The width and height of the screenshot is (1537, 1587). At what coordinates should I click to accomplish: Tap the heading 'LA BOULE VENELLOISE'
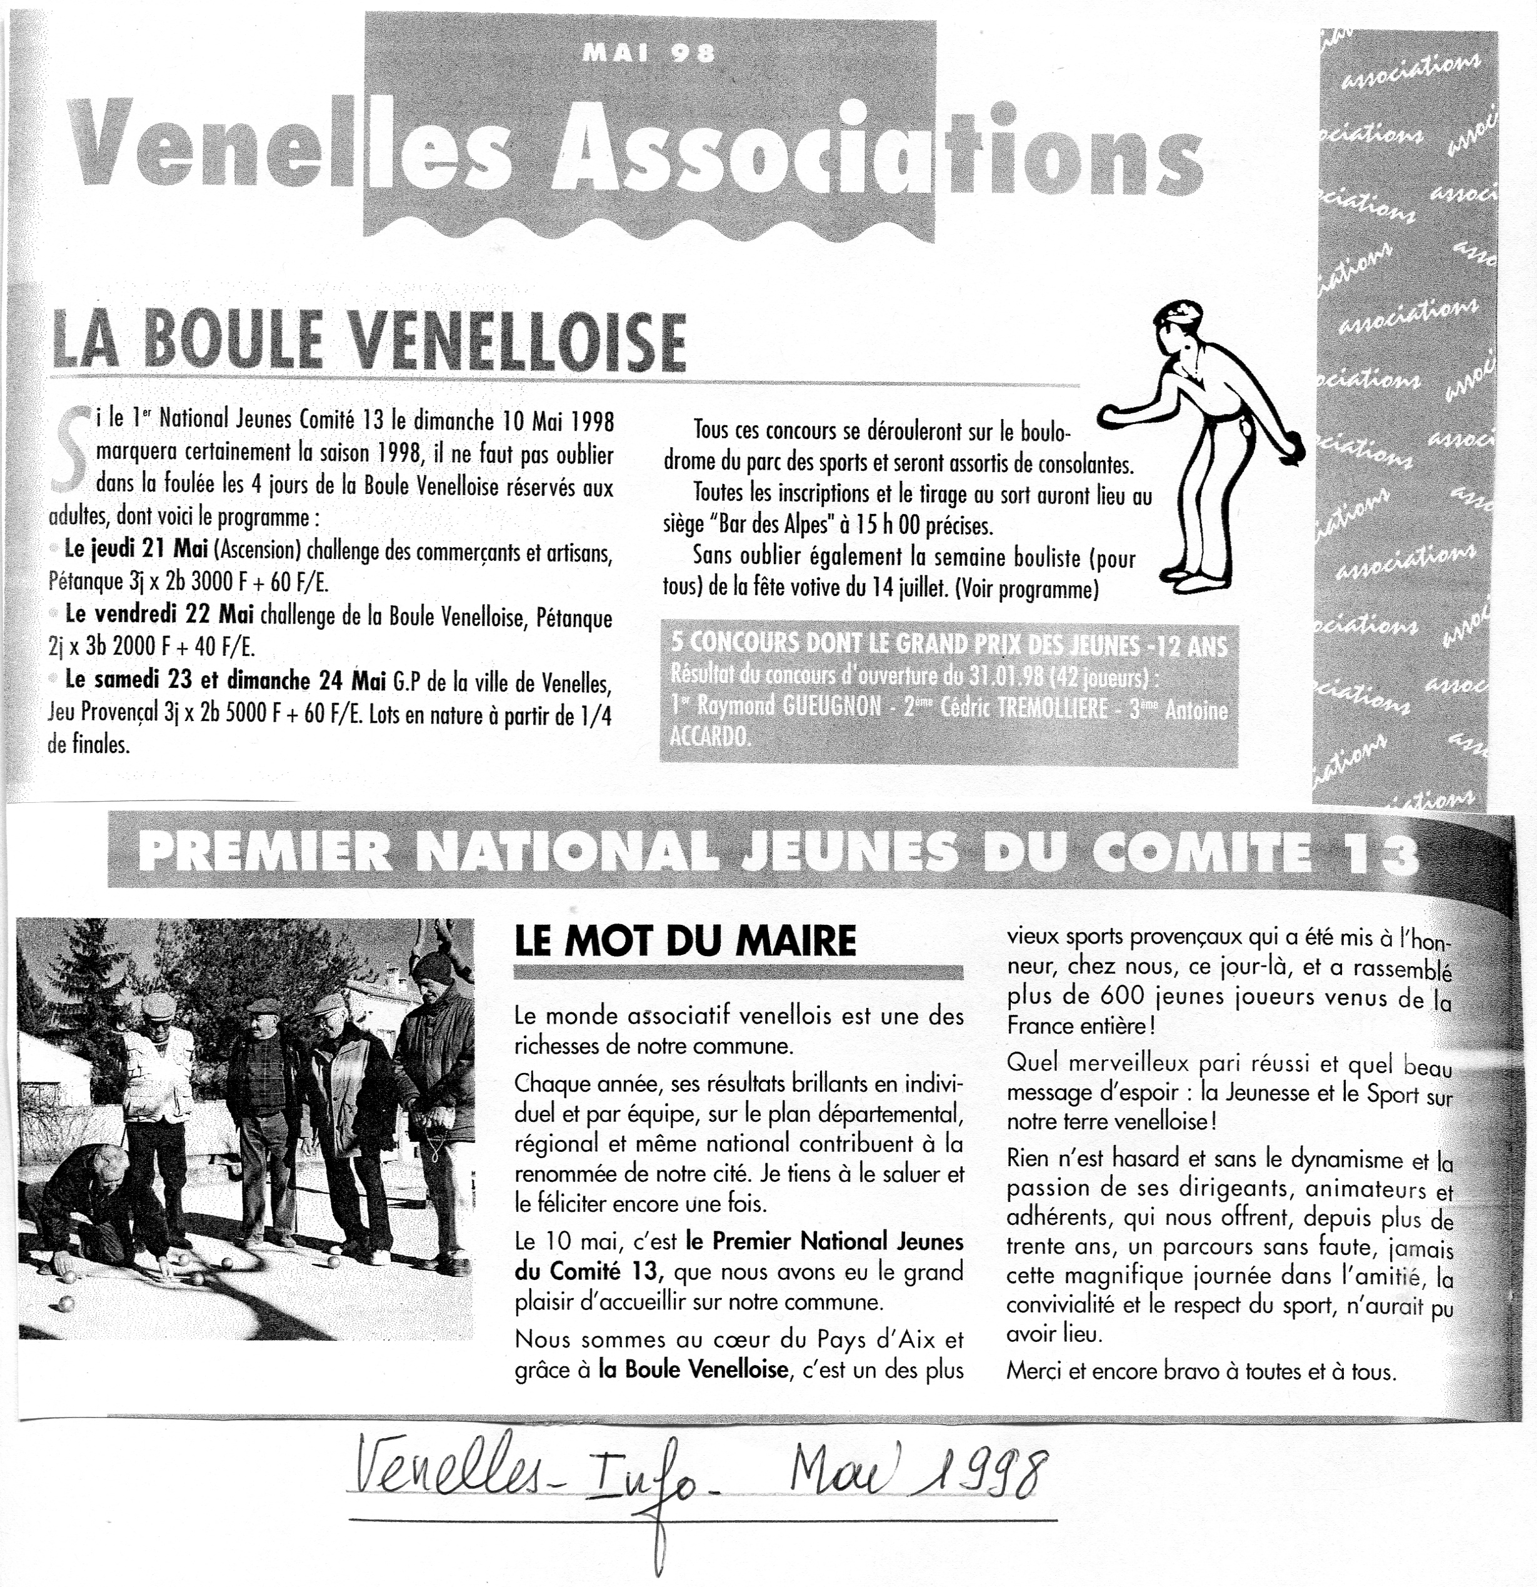[368, 341]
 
